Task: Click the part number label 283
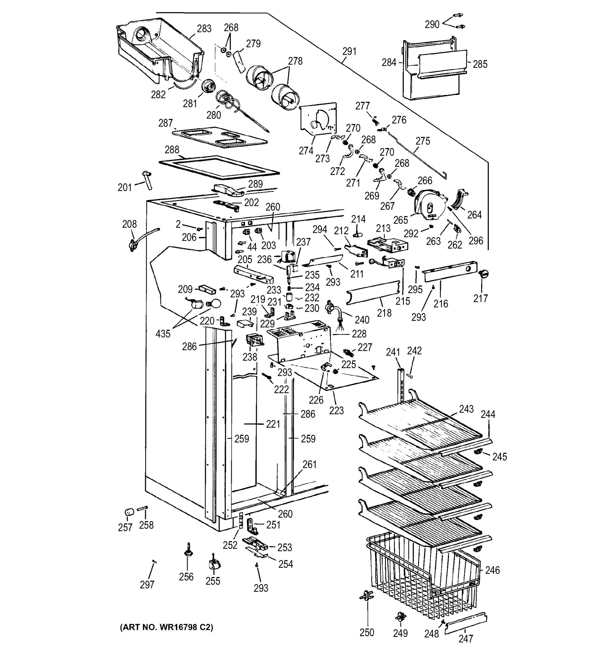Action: click(x=204, y=29)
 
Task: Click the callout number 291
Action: click(x=349, y=52)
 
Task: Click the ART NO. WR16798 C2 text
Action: click(x=166, y=627)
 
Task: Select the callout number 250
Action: click(x=367, y=632)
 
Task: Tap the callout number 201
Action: click(x=125, y=187)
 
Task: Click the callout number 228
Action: click(x=359, y=334)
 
